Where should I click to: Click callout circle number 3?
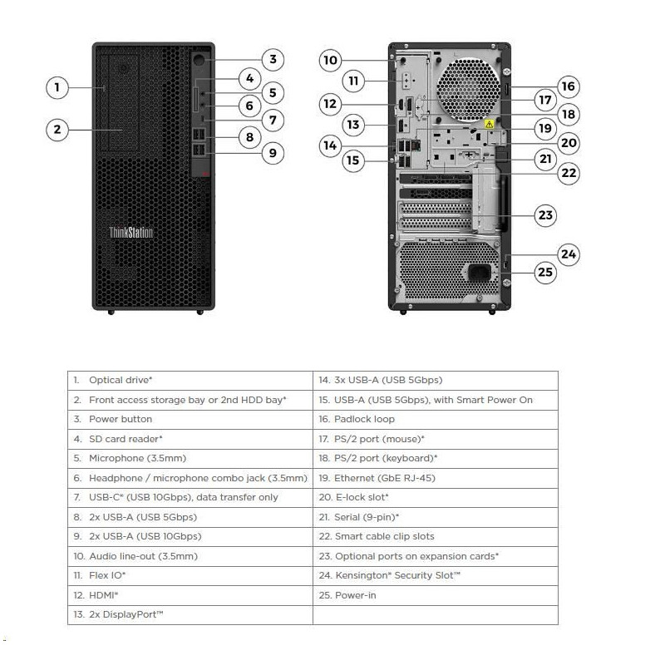[273, 59]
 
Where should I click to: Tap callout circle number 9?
[273, 152]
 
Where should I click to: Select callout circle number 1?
[57, 86]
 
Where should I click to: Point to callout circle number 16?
[569, 86]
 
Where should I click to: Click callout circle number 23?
[545, 215]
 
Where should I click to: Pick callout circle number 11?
[354, 81]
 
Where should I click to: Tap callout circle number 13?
[354, 125]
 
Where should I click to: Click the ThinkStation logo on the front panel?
[131, 233]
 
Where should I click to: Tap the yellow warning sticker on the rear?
[490, 124]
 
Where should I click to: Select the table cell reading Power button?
[121, 419]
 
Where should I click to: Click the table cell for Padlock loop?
[364, 419]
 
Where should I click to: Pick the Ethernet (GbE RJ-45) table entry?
[384, 478]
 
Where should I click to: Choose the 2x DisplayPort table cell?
[125, 614]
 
